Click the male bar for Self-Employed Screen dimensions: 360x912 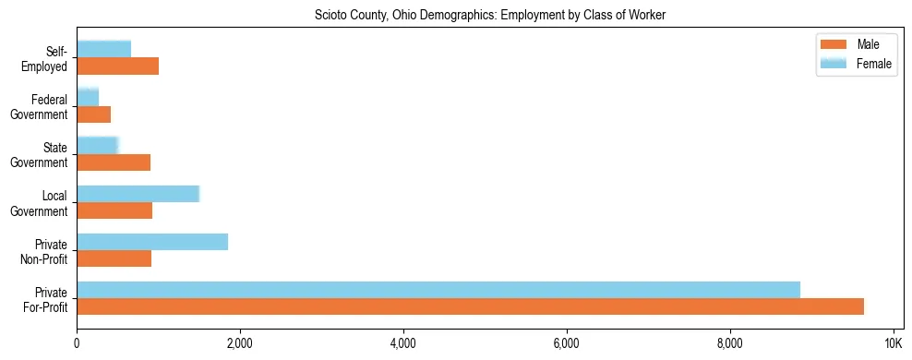coord(117,66)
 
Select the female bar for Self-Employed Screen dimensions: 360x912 coord(103,49)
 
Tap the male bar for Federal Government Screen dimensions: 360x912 coord(93,114)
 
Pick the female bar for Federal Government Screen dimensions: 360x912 coord(88,97)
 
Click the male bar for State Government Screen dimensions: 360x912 coord(114,162)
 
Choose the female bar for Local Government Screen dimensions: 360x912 coord(138,194)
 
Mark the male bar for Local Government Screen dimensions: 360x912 coord(114,210)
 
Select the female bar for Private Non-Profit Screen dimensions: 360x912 coord(152,242)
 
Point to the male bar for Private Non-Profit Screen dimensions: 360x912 coord(114,258)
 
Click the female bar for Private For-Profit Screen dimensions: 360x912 coord(438,290)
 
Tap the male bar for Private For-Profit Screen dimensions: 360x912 coord(470,306)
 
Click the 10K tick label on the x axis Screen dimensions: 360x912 coord(893,344)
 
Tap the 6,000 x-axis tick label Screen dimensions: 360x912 coord(566,344)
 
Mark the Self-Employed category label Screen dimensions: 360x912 coord(46,59)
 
